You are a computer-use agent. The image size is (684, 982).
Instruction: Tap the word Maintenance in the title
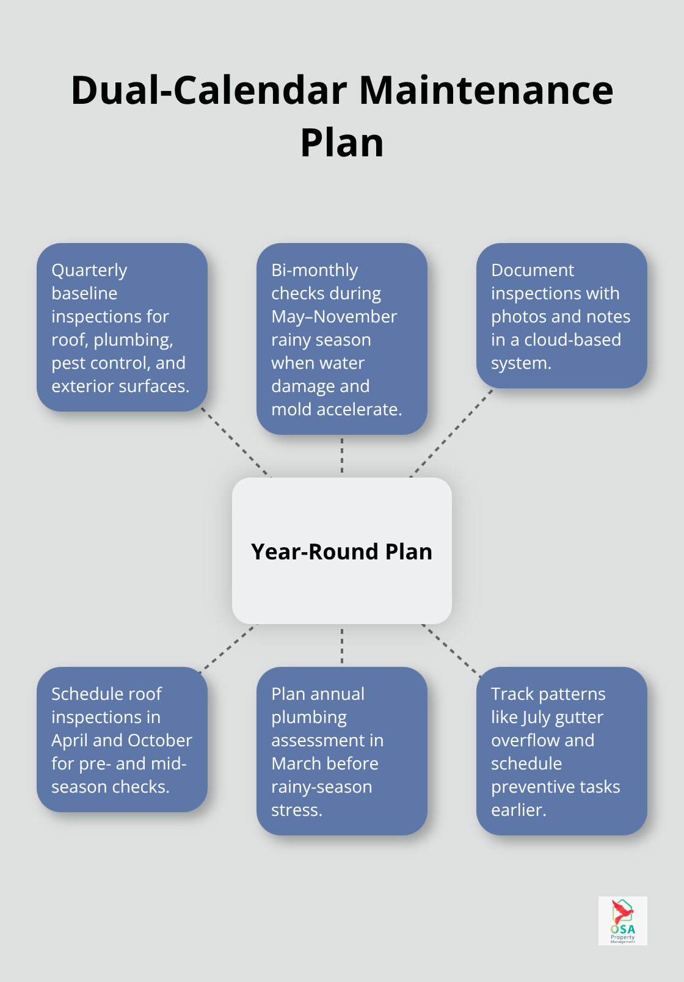pos(486,90)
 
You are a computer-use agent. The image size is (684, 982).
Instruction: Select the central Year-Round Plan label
pos(341,551)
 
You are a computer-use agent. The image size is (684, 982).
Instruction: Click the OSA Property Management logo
pos(622,920)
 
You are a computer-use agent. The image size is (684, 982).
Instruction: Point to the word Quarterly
pos(89,271)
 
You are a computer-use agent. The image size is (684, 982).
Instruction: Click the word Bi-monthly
pos(315,271)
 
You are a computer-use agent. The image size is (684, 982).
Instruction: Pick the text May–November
pos(334,316)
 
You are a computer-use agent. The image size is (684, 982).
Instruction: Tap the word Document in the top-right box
pos(532,270)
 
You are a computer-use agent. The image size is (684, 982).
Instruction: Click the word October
pos(160,740)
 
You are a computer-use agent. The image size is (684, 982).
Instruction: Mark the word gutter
pos(580,718)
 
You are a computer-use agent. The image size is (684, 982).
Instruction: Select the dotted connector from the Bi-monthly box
pos(342,456)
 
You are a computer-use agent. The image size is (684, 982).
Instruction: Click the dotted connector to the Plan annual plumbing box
pos(342,645)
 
